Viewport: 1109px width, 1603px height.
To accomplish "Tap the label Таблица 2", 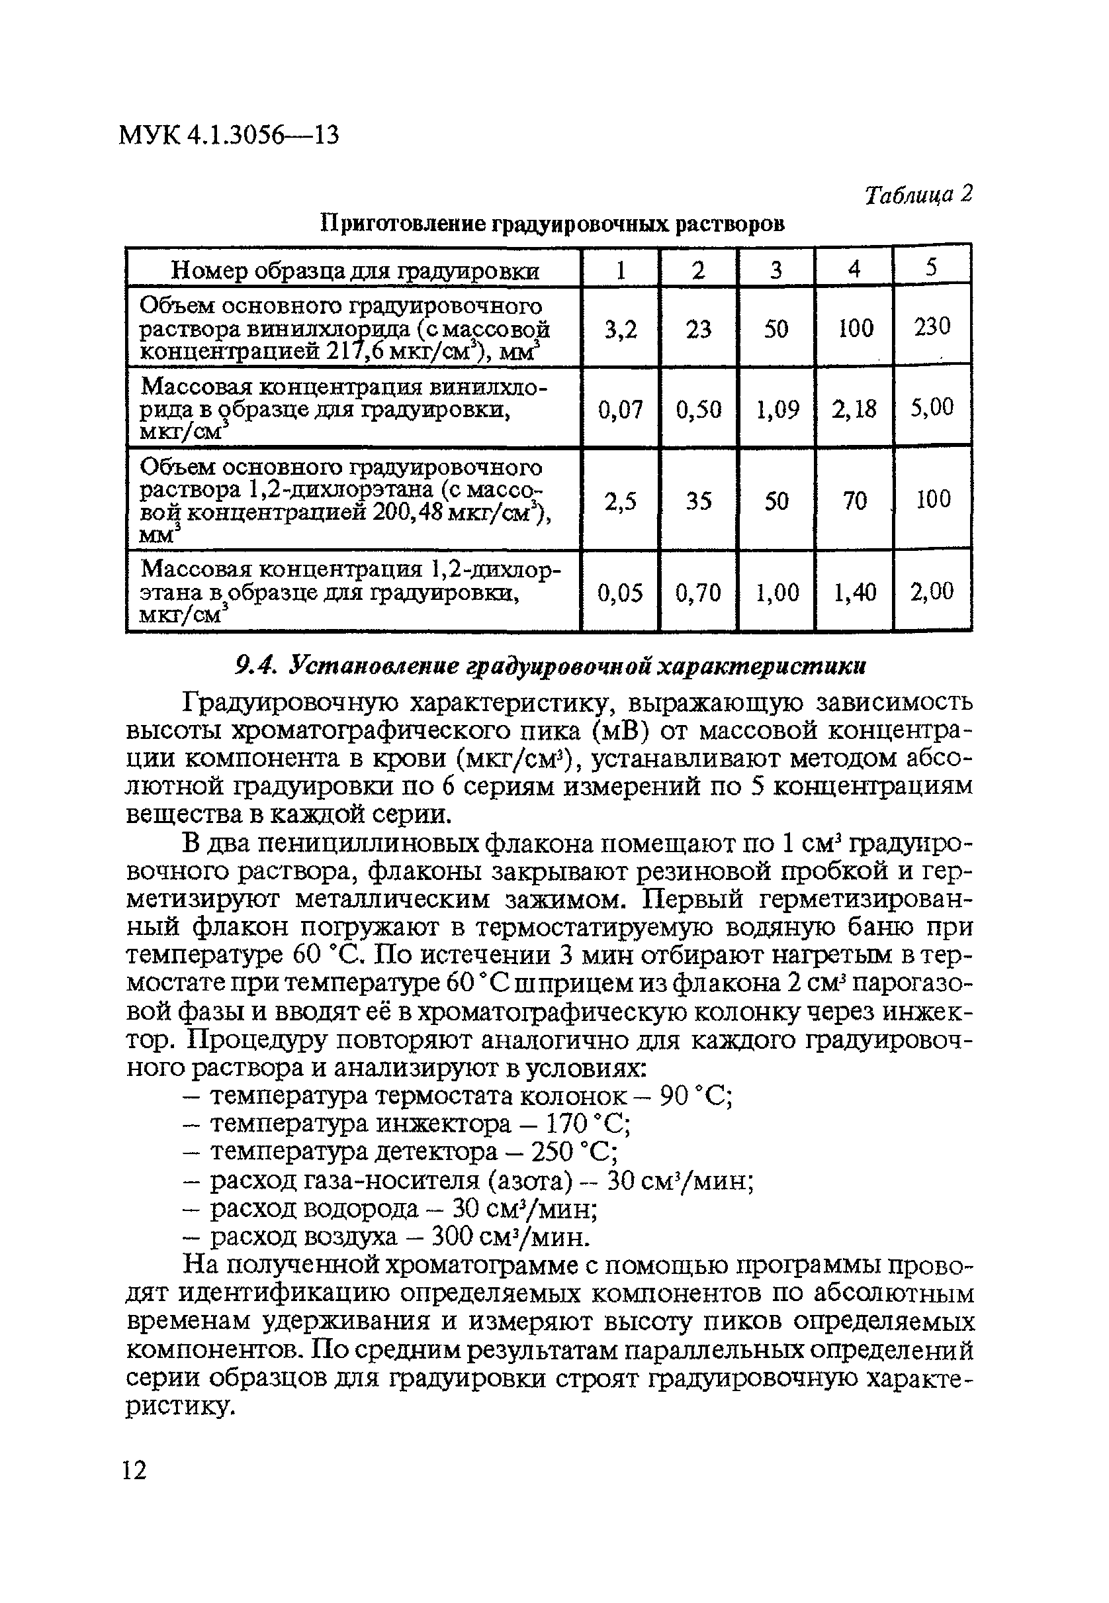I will point(917,195).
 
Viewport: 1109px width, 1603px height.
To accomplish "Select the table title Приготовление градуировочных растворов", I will point(553,224).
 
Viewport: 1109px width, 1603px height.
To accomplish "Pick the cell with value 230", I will point(932,326).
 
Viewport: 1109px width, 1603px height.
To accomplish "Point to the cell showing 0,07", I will point(620,408).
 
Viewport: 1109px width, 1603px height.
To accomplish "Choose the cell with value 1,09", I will point(777,408).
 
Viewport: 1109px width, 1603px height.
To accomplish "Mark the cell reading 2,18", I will point(854,408).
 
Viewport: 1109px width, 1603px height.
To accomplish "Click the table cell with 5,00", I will point(932,407).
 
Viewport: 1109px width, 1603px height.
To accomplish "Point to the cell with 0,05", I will point(620,592).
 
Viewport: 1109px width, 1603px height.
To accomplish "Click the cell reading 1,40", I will point(854,592).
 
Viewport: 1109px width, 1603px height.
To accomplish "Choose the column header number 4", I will point(854,268).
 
